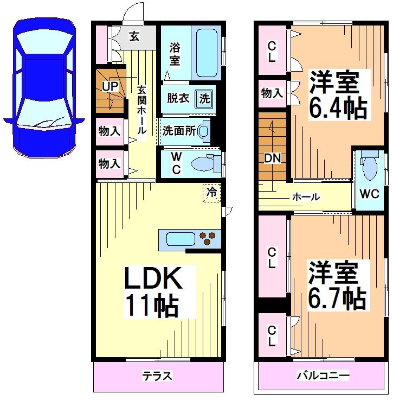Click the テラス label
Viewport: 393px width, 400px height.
[157, 376]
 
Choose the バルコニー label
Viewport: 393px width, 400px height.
[323, 376]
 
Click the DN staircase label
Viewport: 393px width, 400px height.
[272, 158]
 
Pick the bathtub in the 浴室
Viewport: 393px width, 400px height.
[206, 53]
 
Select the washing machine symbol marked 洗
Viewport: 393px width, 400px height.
[204, 99]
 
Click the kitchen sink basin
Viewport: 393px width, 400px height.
[181, 239]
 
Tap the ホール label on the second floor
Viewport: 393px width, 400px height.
[306, 197]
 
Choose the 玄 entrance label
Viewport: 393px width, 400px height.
[134, 37]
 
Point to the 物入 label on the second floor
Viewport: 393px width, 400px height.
[272, 93]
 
